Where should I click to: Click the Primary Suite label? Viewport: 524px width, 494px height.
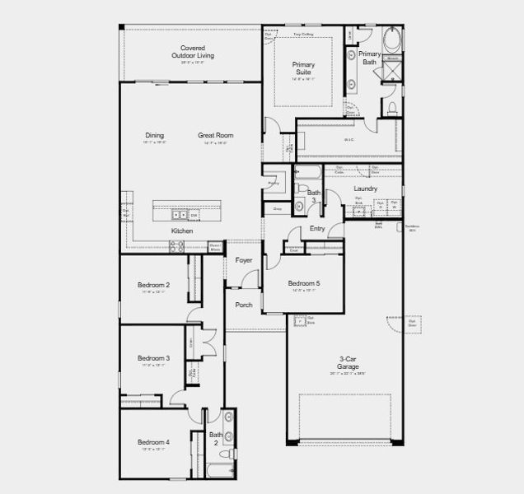[x=303, y=68]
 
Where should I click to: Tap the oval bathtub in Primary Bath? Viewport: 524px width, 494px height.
[x=393, y=40]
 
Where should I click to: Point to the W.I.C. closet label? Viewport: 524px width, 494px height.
[x=349, y=139]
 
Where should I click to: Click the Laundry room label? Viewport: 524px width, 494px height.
[x=365, y=189]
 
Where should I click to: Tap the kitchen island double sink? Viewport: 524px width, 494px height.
[x=180, y=214]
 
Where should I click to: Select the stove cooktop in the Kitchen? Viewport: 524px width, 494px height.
[x=175, y=245]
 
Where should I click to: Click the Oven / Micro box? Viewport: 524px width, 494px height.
[x=215, y=246]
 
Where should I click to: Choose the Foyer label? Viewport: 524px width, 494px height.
[x=244, y=260]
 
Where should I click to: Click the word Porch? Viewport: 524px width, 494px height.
[x=244, y=305]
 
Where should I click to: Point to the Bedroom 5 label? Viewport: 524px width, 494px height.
[x=304, y=284]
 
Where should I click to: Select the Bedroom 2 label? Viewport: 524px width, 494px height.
[x=153, y=285]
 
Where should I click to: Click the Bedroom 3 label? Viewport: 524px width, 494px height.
[x=153, y=358]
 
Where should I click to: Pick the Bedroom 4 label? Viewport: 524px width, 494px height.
[x=153, y=442]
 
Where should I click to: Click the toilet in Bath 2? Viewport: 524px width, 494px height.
[x=231, y=453]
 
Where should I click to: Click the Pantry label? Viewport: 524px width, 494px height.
[x=273, y=183]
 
